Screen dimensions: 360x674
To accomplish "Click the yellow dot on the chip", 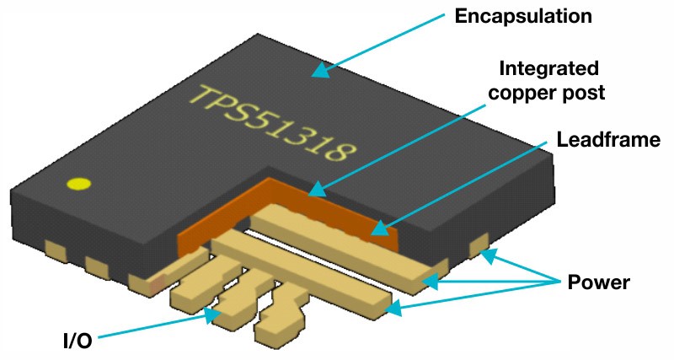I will coord(78,184).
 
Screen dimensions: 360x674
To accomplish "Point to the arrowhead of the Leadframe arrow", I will coord(376,229).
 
